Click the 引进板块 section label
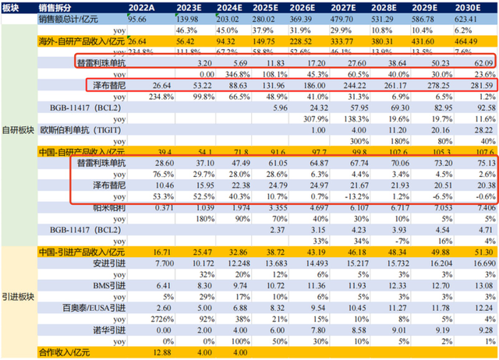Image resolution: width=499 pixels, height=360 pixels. pos(18,298)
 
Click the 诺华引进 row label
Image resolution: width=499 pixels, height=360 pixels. pos(92,331)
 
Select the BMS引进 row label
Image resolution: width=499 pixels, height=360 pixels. pos(92,288)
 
